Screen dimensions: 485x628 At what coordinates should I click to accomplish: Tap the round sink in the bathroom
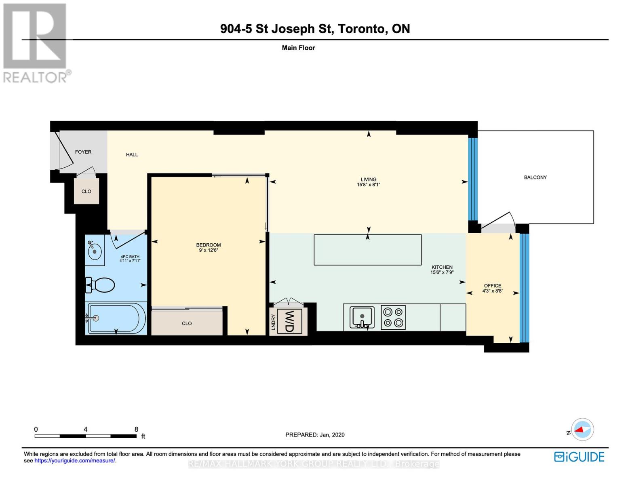click(95, 251)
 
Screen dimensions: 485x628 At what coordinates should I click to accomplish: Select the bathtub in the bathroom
click(116, 318)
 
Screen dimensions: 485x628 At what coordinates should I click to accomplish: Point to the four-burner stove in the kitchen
click(393, 317)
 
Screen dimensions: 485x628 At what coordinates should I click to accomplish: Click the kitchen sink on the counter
click(362, 317)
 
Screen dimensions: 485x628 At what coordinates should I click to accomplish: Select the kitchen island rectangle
click(367, 250)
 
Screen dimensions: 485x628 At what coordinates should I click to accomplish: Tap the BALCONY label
click(535, 177)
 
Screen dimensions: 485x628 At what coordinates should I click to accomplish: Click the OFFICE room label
click(492, 286)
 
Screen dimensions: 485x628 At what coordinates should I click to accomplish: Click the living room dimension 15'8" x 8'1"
click(368, 185)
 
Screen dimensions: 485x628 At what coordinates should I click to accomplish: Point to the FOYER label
click(83, 152)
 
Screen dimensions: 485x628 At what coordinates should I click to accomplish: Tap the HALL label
click(132, 154)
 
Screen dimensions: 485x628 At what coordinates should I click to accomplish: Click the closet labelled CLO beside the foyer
click(86, 192)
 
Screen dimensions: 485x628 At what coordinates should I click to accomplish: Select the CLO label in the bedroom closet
click(187, 323)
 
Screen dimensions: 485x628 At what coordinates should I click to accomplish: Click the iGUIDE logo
click(579, 457)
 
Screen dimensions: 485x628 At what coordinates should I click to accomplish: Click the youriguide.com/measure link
click(75, 461)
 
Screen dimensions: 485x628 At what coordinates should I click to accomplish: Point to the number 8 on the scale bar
click(136, 429)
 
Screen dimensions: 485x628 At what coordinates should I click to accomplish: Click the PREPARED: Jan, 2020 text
click(315, 435)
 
